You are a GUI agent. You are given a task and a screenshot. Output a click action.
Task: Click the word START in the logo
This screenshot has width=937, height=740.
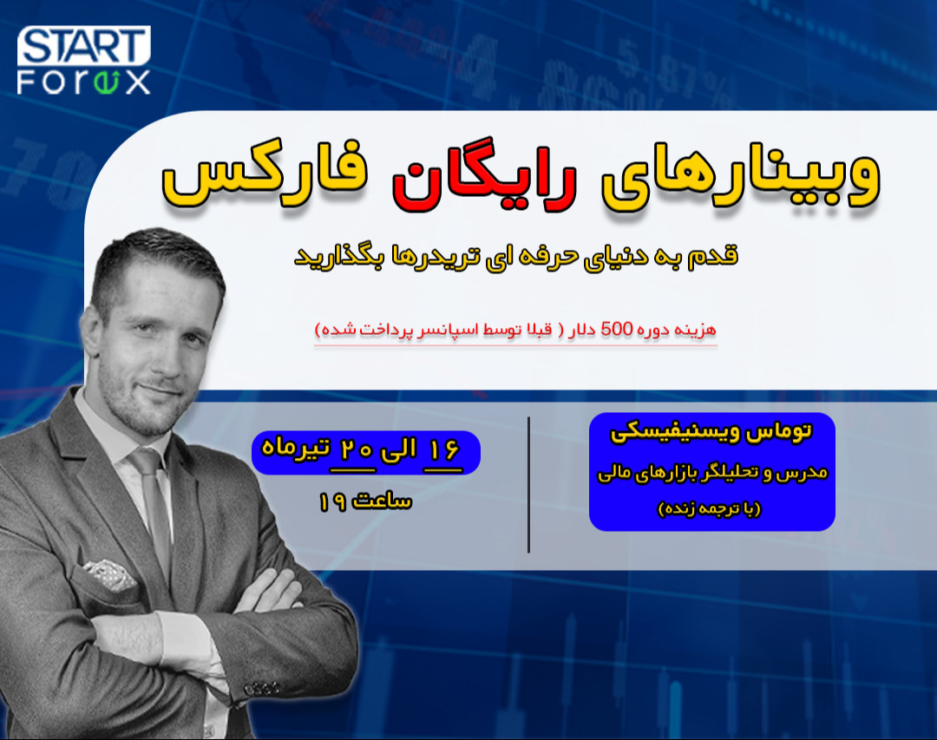click(x=83, y=45)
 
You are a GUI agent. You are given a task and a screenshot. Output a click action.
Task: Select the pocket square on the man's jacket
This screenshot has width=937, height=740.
click(x=108, y=573)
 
